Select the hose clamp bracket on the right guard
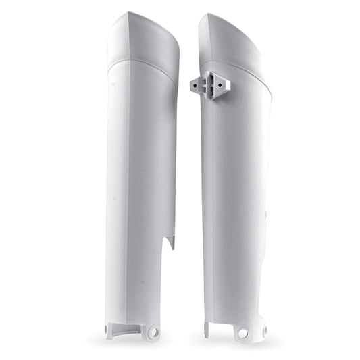(210, 86)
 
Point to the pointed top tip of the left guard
(128, 13)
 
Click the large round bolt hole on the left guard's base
(153, 332)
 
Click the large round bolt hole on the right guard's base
(242, 332)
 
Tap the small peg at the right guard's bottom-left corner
(206, 331)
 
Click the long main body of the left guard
(140, 189)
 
